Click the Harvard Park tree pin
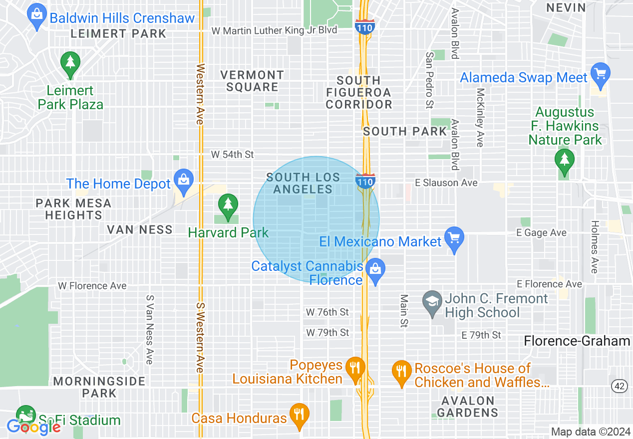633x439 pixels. click(x=228, y=205)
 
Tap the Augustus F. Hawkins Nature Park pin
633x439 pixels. click(x=564, y=160)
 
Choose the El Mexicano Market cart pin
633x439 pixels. click(x=454, y=238)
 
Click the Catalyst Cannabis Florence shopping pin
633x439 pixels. click(x=375, y=270)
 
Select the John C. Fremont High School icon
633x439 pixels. click(x=432, y=301)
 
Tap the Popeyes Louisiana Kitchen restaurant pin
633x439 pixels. click(x=355, y=369)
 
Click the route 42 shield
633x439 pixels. click(x=620, y=385)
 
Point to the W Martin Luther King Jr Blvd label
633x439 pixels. click(x=274, y=30)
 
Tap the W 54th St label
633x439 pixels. click(x=232, y=155)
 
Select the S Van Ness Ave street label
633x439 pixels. click(x=149, y=329)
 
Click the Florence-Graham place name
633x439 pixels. click(x=577, y=341)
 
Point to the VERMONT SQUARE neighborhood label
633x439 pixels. click(x=252, y=81)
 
